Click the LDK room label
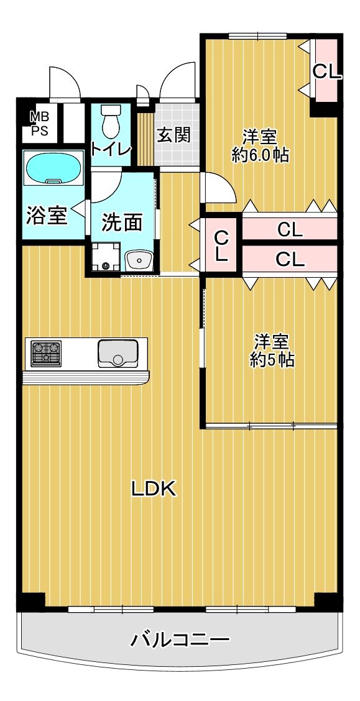click(x=154, y=490)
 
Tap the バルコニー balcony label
click(x=180, y=640)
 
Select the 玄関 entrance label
click(x=173, y=135)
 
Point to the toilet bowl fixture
click(x=111, y=121)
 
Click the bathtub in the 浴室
click(x=54, y=167)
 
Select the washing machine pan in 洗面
click(x=106, y=257)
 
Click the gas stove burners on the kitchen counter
click(x=46, y=353)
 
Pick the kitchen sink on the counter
click(x=118, y=353)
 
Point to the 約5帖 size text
click(x=272, y=360)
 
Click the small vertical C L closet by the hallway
click(x=221, y=245)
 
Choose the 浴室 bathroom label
click(x=47, y=216)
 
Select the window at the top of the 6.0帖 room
click(x=257, y=36)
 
